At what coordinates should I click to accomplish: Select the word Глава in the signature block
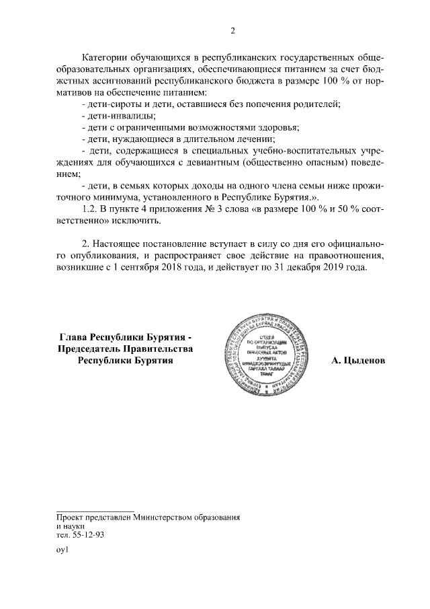click(74, 336)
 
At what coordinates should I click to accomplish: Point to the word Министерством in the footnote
click(163, 517)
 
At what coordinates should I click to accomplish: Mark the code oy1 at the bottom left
click(63, 550)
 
